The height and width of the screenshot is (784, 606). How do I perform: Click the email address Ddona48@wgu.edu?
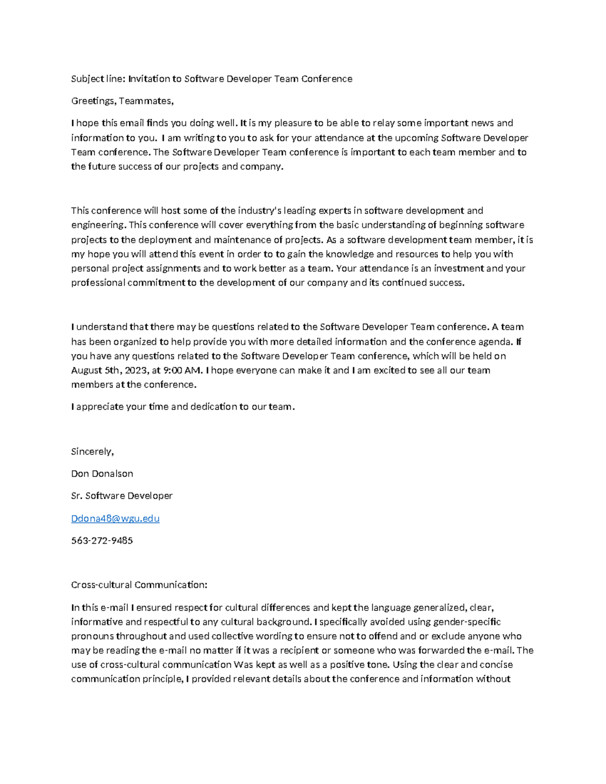(115, 518)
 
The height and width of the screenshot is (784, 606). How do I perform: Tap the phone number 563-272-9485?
(102, 541)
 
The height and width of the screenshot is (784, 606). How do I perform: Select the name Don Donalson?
(102, 474)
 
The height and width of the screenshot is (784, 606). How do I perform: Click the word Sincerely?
(92, 451)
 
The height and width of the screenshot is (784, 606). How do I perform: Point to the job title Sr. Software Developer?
(122, 496)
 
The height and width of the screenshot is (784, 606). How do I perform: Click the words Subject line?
(97, 79)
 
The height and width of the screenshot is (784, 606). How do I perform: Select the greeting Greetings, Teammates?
(122, 101)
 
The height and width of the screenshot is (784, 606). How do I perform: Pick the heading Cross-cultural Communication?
(139, 585)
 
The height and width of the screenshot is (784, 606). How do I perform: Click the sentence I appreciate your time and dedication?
(182, 407)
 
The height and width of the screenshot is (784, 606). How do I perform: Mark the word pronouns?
(91, 636)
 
